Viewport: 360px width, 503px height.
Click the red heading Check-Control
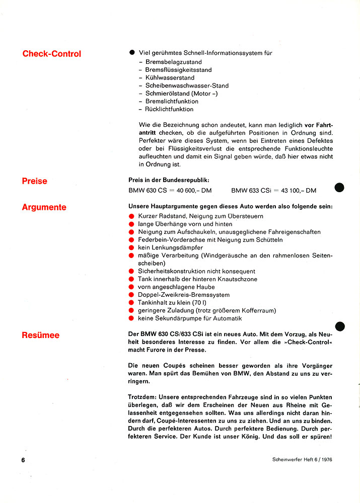pyautogui.click(x=51, y=54)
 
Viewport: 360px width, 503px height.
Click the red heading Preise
pyautogui.click(x=34, y=181)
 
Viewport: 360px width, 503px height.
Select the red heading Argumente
pyautogui.click(x=44, y=207)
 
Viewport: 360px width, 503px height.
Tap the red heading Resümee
pyautogui.click(x=40, y=335)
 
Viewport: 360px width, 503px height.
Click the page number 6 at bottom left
pyautogui.click(x=23, y=460)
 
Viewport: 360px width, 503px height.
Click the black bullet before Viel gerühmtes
pyautogui.click(x=132, y=52)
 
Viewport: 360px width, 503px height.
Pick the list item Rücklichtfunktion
pyautogui.click(x=169, y=109)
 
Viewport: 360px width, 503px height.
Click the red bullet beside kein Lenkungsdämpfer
pyautogui.click(x=132, y=248)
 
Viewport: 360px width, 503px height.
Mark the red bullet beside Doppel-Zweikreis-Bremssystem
pyautogui.click(x=132, y=295)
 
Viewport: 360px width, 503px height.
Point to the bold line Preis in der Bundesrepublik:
pyautogui.click(x=169, y=180)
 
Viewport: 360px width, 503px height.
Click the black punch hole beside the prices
pyautogui.click(x=339, y=188)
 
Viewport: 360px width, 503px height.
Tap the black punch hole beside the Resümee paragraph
pyautogui.click(x=339, y=326)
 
